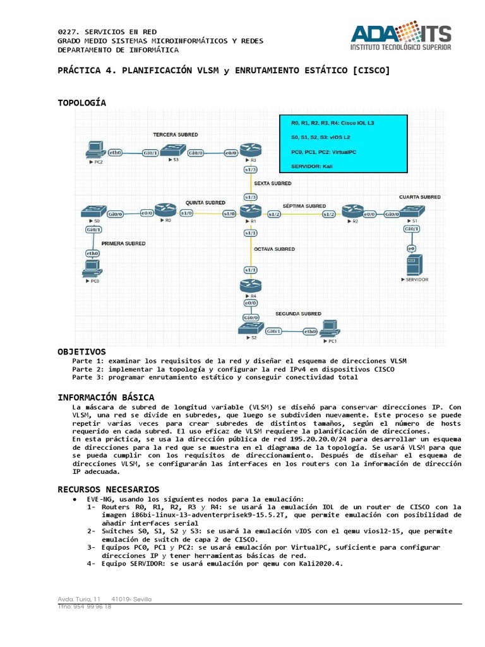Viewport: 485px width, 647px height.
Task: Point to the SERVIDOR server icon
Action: click(414, 265)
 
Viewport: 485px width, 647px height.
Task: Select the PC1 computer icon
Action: click(330, 329)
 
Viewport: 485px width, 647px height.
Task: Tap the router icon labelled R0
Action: click(167, 210)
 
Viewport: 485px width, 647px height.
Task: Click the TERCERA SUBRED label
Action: click(175, 135)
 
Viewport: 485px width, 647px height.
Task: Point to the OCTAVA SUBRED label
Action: click(274, 249)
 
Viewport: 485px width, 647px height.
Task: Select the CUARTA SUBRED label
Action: click(419, 197)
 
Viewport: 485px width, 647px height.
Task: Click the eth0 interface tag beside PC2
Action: click(116, 153)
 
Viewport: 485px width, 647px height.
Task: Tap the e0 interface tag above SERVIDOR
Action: click(411, 247)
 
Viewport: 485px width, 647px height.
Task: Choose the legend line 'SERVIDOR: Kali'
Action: click(312, 166)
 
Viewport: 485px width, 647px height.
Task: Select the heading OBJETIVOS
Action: click(81, 351)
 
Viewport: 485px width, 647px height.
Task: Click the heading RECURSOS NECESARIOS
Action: click(109, 489)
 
